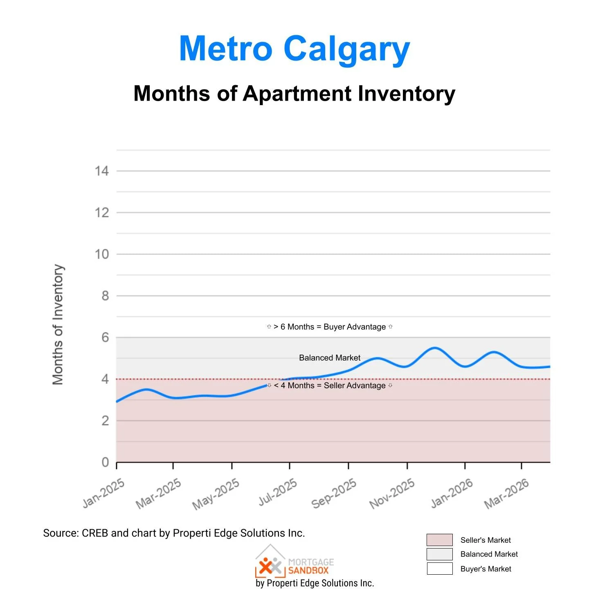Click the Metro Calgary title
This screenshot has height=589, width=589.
pos(294,49)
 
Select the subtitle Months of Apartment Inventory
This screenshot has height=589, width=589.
pos(294,94)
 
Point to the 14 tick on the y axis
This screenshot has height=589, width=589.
pos(102,171)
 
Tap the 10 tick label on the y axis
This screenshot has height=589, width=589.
pos(102,254)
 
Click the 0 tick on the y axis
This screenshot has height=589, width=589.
pos(105,462)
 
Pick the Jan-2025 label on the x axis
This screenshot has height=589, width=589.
pos(103,493)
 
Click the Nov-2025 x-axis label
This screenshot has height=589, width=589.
pos(392,494)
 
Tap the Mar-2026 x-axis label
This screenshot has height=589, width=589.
pos(506,494)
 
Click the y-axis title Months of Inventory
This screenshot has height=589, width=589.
pos(58,324)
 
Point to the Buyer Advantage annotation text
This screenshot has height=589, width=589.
pos(330,327)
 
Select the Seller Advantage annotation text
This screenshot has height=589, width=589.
pos(330,385)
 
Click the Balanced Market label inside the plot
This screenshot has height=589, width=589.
pos(330,358)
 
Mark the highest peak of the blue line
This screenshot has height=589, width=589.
pos(435,348)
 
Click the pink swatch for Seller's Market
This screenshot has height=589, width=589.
pos(439,540)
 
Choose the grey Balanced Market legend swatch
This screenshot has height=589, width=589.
pos(439,554)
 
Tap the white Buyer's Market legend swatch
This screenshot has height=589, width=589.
pos(439,569)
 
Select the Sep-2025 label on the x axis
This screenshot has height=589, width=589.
pos(334,494)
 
